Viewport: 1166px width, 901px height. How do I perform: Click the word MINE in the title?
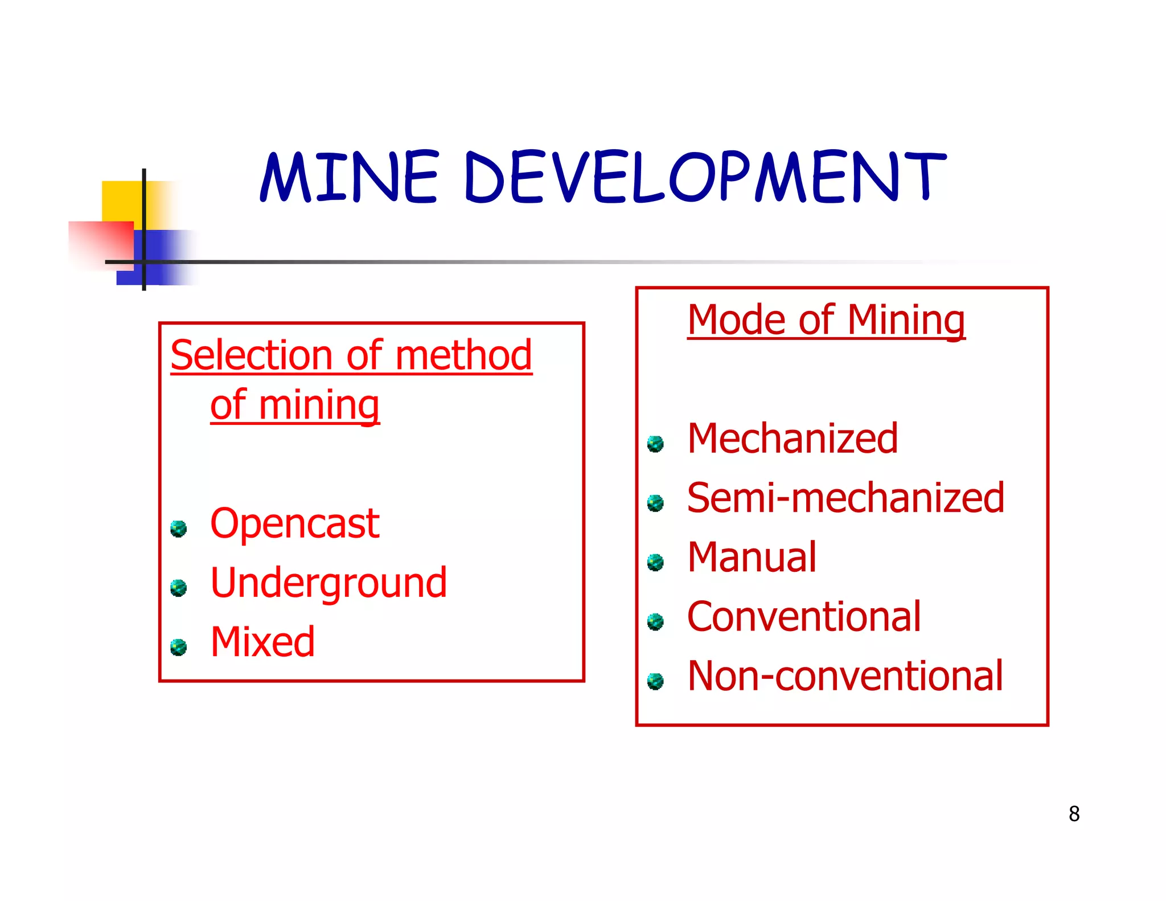click(348, 178)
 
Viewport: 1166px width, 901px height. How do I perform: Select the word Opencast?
click(294, 523)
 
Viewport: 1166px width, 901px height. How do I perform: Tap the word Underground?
click(329, 583)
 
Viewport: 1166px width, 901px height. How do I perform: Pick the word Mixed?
click(262, 642)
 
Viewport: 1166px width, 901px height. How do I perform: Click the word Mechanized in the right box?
click(792, 439)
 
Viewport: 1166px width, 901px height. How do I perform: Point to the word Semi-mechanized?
click(845, 498)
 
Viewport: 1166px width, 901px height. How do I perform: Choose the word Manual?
click(752, 557)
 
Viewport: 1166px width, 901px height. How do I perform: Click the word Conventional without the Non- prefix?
click(803, 617)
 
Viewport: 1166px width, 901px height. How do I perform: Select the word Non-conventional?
click(845, 676)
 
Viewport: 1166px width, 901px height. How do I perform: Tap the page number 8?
click(1074, 814)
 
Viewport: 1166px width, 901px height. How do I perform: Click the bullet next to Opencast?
click(179, 529)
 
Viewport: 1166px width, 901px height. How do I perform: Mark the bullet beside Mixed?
click(179, 647)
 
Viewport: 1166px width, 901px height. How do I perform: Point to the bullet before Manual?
click(655, 562)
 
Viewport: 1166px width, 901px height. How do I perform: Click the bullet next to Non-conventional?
click(655, 681)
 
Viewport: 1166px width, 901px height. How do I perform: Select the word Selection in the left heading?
click(252, 355)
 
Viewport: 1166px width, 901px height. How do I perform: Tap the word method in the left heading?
click(463, 355)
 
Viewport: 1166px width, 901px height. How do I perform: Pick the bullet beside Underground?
click(179, 588)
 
